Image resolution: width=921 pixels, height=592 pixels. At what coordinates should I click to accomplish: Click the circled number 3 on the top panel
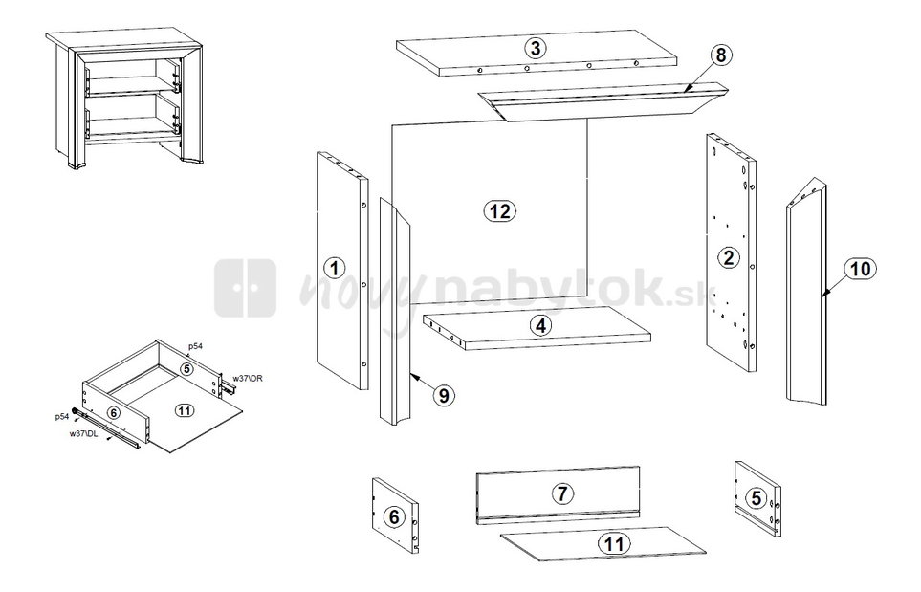click(x=535, y=48)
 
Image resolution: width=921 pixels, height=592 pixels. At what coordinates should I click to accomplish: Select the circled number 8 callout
click(x=721, y=55)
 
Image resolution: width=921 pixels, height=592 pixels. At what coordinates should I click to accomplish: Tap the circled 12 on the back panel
click(x=500, y=210)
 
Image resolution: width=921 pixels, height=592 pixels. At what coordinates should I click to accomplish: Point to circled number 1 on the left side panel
click(x=334, y=269)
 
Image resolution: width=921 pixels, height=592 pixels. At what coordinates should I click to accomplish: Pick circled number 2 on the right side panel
click(x=729, y=257)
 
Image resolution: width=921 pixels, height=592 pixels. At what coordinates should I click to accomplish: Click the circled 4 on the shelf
click(x=540, y=325)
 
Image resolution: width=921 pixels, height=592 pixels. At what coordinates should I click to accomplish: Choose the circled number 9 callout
click(x=444, y=395)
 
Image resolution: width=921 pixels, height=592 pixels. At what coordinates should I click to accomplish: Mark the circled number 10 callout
click(x=861, y=269)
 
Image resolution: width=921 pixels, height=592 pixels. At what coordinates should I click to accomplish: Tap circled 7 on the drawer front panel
click(x=562, y=493)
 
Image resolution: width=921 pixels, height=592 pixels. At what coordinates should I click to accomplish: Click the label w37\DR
click(x=248, y=378)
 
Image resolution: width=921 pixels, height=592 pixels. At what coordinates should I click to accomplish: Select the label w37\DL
click(x=83, y=433)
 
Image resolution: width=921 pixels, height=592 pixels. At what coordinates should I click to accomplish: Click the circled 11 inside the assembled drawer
click(x=185, y=410)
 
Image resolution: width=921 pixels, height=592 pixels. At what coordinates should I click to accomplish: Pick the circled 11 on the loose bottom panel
click(x=613, y=543)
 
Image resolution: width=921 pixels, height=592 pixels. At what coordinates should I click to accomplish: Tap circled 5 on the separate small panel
click(x=756, y=498)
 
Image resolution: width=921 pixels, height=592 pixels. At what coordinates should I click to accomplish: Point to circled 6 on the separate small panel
click(x=393, y=516)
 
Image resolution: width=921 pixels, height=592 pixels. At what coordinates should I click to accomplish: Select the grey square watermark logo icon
click(x=245, y=289)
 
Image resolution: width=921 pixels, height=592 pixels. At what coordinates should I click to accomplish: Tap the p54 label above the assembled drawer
click(x=195, y=346)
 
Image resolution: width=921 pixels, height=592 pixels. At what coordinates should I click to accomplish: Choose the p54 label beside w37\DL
click(x=62, y=416)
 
